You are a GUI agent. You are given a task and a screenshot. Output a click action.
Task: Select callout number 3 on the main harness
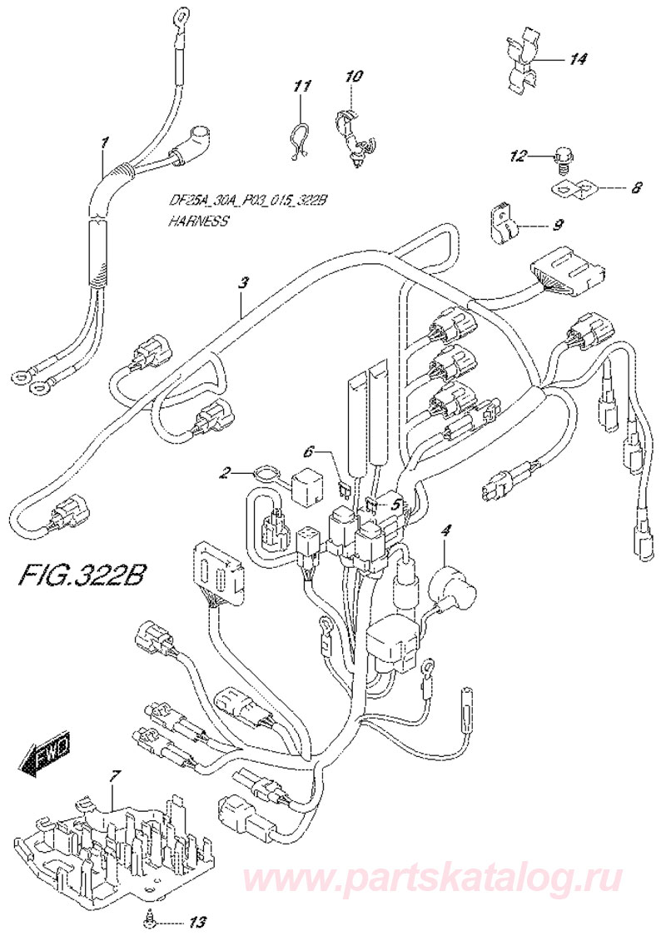242,283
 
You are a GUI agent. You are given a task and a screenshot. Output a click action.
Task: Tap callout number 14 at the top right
578,59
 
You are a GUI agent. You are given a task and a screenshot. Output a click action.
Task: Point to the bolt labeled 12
565,156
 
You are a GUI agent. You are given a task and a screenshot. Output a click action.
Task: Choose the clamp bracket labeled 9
503,224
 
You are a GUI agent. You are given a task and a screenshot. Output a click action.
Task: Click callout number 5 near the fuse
395,503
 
